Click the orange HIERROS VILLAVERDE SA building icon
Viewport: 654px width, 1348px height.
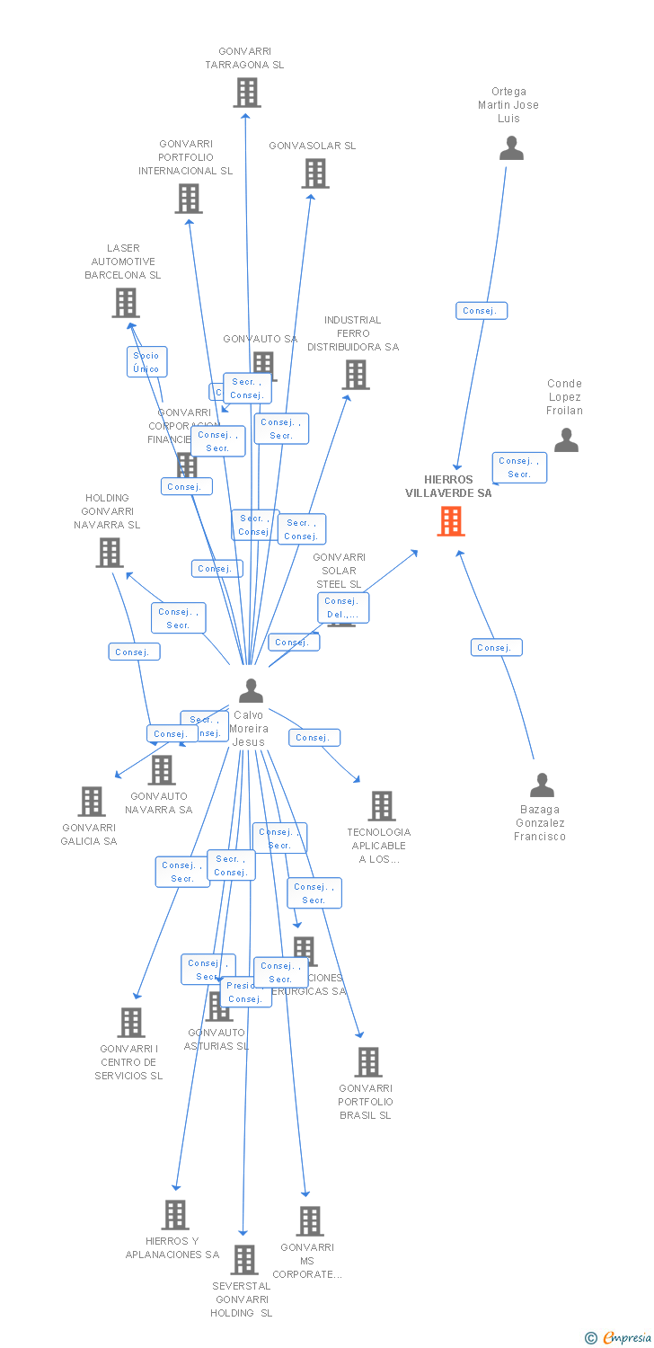[x=451, y=521]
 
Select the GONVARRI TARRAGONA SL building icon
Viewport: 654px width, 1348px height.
[x=247, y=92]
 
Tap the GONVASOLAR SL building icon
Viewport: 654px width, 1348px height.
[x=315, y=173]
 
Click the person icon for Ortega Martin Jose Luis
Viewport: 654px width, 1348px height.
[x=511, y=147]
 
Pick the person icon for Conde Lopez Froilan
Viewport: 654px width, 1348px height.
[x=566, y=439]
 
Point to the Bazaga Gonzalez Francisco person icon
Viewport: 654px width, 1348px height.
[x=542, y=785]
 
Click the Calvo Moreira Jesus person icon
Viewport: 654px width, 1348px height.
[x=252, y=690]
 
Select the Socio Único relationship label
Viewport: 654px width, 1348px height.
[x=146, y=361]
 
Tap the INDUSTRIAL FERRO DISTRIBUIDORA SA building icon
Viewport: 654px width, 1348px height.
[x=356, y=375]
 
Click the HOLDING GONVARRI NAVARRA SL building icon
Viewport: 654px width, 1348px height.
[x=110, y=553]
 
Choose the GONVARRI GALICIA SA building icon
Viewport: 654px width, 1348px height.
[x=92, y=801]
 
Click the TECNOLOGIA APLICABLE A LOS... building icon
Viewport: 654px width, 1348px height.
[x=382, y=806]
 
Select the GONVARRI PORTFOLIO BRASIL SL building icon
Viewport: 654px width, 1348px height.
[x=368, y=1062]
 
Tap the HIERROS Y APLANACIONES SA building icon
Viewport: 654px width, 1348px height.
[x=175, y=1215]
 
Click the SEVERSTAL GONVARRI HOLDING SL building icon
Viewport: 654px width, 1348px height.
[x=243, y=1260]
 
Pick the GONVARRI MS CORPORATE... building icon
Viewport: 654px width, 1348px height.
[x=310, y=1221]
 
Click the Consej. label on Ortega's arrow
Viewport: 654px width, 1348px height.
[x=482, y=311]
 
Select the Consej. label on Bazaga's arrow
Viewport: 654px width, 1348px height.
[x=496, y=647]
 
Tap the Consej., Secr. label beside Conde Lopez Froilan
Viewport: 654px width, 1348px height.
[x=519, y=467]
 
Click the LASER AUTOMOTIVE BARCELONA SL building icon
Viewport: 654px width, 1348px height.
[x=126, y=303]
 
